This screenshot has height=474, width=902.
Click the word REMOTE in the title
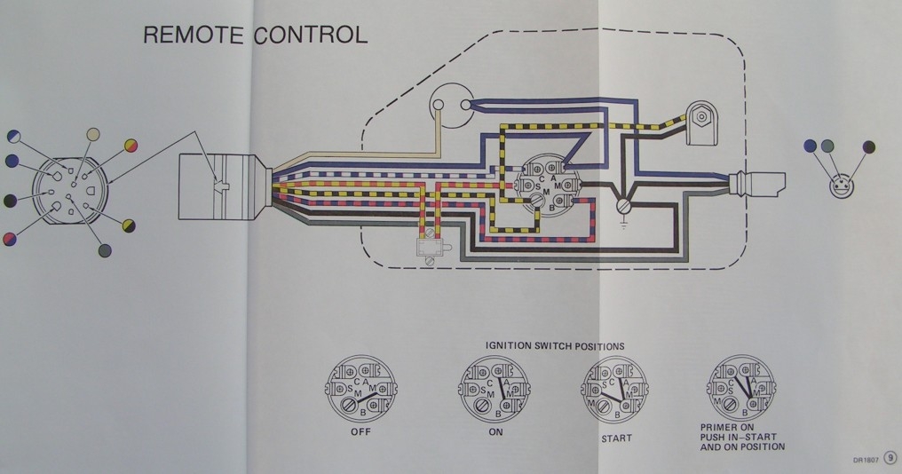click(194, 36)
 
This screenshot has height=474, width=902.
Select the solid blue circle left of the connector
click(12, 161)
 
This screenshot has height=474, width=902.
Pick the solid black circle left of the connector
click(10, 200)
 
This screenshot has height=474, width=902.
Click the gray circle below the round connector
click(105, 251)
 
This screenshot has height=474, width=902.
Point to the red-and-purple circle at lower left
click(11, 239)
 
